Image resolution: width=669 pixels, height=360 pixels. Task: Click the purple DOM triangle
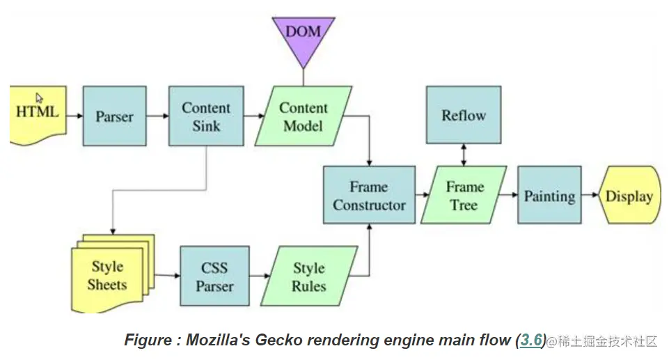[x=304, y=38]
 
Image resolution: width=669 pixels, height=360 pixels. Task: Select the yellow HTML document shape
[x=38, y=115]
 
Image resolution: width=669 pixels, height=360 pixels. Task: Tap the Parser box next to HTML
[x=114, y=116]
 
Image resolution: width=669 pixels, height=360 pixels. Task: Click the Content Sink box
[x=206, y=116]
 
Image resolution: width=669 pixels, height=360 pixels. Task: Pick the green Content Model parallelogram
[x=304, y=116]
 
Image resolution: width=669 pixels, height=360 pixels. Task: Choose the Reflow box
[x=464, y=115]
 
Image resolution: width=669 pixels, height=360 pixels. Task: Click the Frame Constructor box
[x=369, y=195]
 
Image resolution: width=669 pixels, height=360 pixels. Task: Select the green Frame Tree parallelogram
[x=464, y=195]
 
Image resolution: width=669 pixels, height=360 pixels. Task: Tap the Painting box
[x=549, y=195]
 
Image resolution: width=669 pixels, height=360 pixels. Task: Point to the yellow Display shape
[x=630, y=195]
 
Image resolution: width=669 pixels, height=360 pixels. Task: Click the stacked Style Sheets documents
[x=113, y=274]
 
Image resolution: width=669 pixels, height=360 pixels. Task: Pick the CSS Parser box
[x=214, y=276]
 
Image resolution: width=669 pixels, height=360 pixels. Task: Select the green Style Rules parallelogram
[x=309, y=276]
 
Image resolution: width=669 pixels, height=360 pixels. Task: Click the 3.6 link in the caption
[x=531, y=340]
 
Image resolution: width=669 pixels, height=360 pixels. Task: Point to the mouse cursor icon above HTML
[x=39, y=98]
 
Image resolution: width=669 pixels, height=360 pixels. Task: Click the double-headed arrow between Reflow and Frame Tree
[x=464, y=155]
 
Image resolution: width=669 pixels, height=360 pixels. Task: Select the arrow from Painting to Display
[x=590, y=195]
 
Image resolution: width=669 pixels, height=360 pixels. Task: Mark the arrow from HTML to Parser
[x=74, y=116]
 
